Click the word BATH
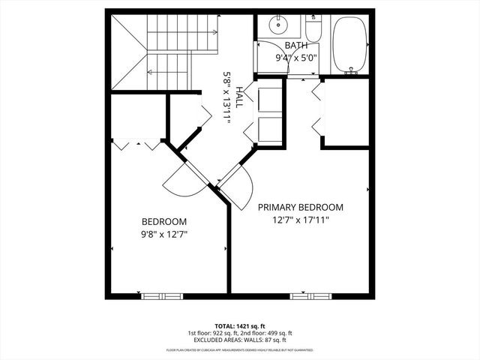296,45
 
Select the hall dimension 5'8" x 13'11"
227,98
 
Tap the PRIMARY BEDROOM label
301,208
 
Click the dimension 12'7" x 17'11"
301,220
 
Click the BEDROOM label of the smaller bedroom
164,222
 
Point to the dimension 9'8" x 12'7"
164,234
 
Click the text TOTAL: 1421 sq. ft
240,326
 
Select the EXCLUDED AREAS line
240,340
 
